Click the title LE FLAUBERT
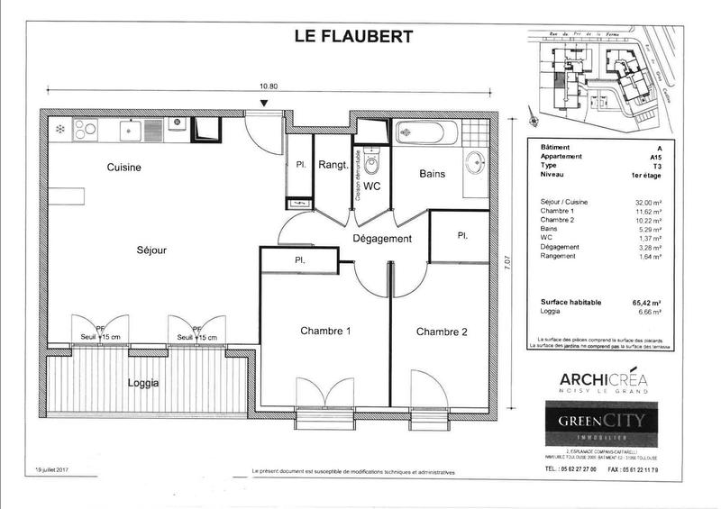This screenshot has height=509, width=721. pos(354,37)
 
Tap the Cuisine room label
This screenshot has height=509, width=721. pos(124,168)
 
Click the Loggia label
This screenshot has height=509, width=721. pos(143,382)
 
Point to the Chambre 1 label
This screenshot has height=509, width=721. pos(325,332)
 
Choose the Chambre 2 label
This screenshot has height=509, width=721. pos(442,332)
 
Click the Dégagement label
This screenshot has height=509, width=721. pos(381,239)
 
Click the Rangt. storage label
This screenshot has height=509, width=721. pos(332,166)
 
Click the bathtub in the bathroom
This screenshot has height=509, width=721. pos(426,133)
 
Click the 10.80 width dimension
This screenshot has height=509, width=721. pos(268,87)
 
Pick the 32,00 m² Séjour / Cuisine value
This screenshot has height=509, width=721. pos(648,203)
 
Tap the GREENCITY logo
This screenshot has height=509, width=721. pos(598,422)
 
